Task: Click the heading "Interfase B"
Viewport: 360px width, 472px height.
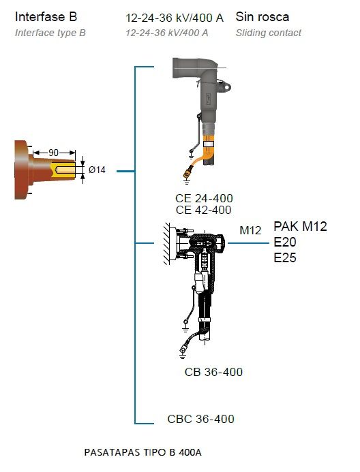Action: [46, 16]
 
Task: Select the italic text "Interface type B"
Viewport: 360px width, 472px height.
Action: [50, 33]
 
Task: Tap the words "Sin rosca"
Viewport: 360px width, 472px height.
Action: [262, 16]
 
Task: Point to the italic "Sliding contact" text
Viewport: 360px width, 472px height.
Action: [269, 33]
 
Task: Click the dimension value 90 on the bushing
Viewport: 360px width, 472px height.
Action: [54, 153]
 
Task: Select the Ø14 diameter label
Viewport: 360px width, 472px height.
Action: [97, 170]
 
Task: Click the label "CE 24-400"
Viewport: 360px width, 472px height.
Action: [204, 198]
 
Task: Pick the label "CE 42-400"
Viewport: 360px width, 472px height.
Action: [204, 210]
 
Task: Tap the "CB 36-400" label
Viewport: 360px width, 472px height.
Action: [213, 372]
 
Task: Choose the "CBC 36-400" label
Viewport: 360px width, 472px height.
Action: [200, 419]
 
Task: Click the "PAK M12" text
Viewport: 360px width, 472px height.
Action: [300, 226]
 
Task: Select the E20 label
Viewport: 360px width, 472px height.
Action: [285, 242]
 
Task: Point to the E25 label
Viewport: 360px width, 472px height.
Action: [285, 257]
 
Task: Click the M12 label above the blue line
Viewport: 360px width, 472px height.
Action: [250, 230]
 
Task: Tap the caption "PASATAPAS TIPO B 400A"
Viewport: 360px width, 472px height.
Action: [142, 452]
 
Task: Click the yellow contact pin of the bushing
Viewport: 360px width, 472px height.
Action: [64, 170]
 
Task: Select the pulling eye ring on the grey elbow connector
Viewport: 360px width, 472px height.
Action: [225, 86]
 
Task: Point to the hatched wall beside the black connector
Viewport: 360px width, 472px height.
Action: [167, 244]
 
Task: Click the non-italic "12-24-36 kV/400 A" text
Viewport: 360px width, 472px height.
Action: [175, 18]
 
